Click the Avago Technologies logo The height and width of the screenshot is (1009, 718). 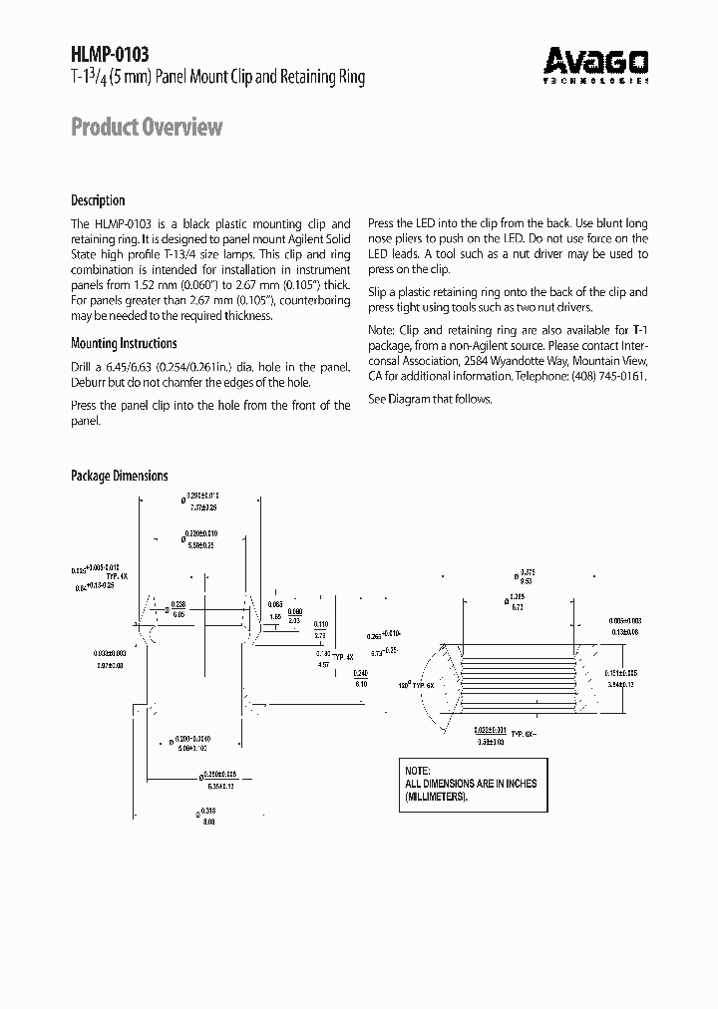coord(596,65)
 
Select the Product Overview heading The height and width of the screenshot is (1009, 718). coord(147,128)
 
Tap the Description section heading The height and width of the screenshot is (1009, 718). coord(98,200)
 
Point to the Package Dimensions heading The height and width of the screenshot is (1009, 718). coord(119,477)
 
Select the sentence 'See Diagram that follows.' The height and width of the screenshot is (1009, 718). coord(430,399)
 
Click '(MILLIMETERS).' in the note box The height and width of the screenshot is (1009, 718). coord(437,798)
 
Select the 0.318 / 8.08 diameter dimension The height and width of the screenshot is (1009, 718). coord(207,816)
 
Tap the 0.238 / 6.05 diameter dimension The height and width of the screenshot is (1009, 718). coord(178,609)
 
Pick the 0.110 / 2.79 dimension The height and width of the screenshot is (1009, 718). coord(321,629)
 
